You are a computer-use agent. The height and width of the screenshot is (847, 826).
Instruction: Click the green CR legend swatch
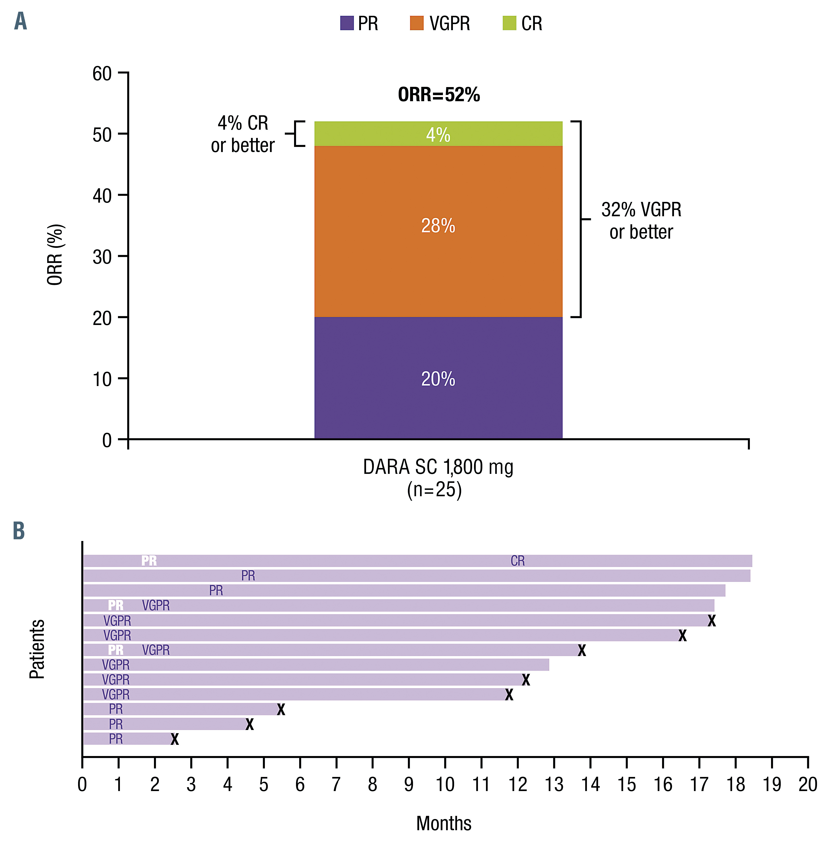[509, 23]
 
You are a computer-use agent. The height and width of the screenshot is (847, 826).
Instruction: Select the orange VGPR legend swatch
[416, 23]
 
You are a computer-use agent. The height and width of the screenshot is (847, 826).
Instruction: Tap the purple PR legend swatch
[347, 23]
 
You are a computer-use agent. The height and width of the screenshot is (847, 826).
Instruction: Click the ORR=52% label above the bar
[439, 95]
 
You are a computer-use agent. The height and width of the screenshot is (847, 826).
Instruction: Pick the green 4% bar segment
[438, 134]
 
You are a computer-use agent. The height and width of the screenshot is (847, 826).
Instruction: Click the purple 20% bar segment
[438, 378]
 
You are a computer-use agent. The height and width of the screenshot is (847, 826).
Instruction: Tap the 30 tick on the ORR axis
[102, 257]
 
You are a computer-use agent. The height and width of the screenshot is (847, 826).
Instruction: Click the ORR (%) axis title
[55, 255]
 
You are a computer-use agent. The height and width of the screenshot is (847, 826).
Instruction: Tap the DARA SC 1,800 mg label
[438, 467]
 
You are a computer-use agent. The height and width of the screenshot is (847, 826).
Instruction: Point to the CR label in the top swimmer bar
[518, 561]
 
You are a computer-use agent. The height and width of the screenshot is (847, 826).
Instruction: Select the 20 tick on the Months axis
[807, 784]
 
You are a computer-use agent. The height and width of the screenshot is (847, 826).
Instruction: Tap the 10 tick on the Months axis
[445, 784]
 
